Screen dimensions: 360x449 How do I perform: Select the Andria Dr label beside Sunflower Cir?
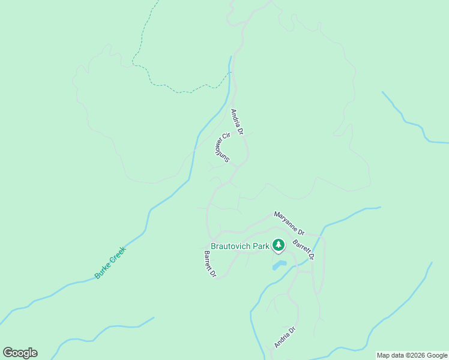[x=238, y=121]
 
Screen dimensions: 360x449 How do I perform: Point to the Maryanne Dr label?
[x=289, y=222]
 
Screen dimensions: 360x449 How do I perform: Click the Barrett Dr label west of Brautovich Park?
[x=209, y=264]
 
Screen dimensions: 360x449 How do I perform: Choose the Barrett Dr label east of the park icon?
[x=303, y=250]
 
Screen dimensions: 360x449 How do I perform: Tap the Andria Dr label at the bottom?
[x=285, y=337]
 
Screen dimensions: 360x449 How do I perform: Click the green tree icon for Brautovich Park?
[x=278, y=245]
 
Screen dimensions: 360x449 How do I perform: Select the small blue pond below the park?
[x=279, y=265]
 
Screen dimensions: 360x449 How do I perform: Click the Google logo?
[x=20, y=353]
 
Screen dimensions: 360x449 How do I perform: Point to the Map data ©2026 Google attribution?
[x=412, y=355]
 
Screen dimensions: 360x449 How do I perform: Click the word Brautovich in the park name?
[x=226, y=246]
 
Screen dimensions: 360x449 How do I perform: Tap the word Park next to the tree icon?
[x=261, y=246]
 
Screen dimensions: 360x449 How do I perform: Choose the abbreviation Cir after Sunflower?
[x=226, y=136]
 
